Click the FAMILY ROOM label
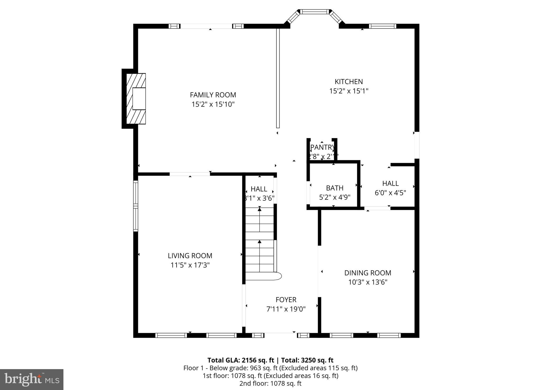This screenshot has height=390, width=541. pyautogui.click(x=213, y=95)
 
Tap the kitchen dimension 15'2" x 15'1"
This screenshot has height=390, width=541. pyautogui.click(x=349, y=91)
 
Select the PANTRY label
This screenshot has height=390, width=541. pyautogui.click(x=322, y=147)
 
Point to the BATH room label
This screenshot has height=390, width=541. pyautogui.click(x=335, y=188)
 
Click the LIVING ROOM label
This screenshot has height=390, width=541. pyautogui.click(x=190, y=256)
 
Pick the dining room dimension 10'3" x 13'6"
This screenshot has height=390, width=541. pyautogui.click(x=368, y=282)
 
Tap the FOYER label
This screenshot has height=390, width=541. pyautogui.click(x=286, y=300)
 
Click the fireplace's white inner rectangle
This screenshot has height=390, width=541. pyautogui.click(x=139, y=98)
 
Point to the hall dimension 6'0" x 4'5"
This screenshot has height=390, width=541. pyautogui.click(x=390, y=193)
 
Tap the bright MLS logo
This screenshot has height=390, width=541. pyautogui.click(x=32, y=379)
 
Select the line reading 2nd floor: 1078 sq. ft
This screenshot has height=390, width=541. pyautogui.click(x=270, y=383)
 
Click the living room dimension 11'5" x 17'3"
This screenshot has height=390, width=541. pyautogui.click(x=190, y=265)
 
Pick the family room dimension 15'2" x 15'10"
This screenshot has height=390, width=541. pyautogui.click(x=213, y=104)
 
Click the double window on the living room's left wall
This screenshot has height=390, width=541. pyautogui.click(x=136, y=206)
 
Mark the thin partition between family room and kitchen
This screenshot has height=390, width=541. pyautogui.click(x=278, y=78)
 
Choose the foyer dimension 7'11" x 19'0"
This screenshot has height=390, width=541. pyautogui.click(x=286, y=309)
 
